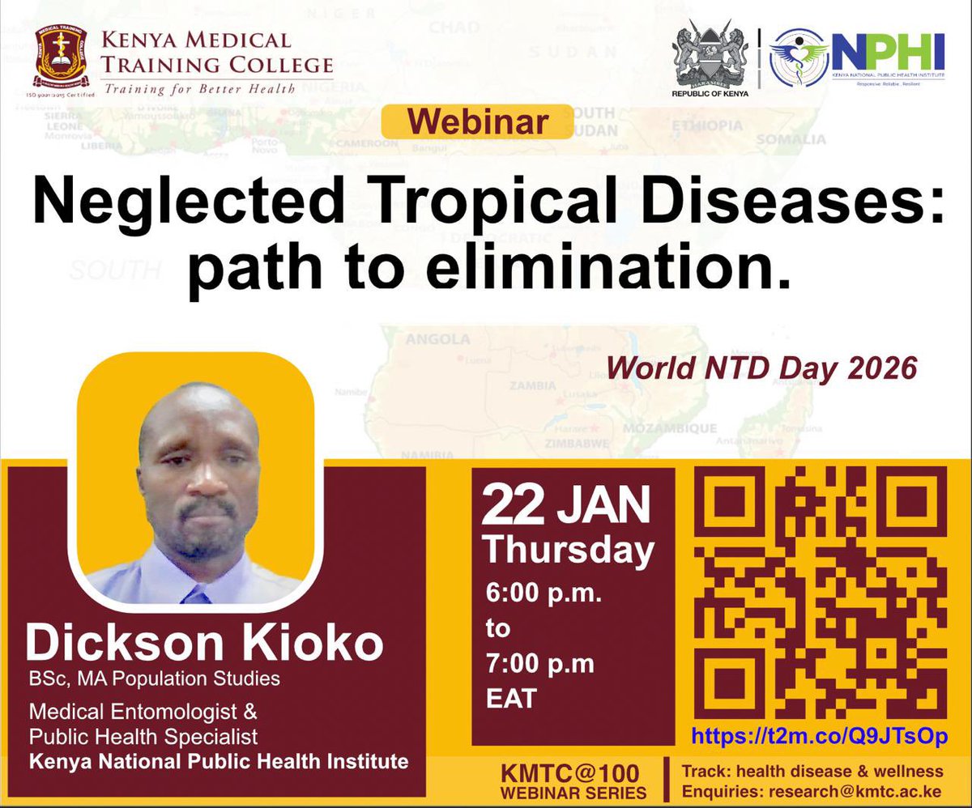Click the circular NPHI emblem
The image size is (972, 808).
pos(798,57)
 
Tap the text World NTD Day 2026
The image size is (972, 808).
pos(761,368)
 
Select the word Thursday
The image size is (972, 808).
pos(569,551)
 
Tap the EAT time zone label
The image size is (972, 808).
pos(511,698)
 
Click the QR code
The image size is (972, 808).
pos(821,593)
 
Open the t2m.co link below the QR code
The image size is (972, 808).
pos(819,737)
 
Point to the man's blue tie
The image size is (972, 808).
pos(197,597)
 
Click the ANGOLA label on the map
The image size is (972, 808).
pos(433,339)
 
